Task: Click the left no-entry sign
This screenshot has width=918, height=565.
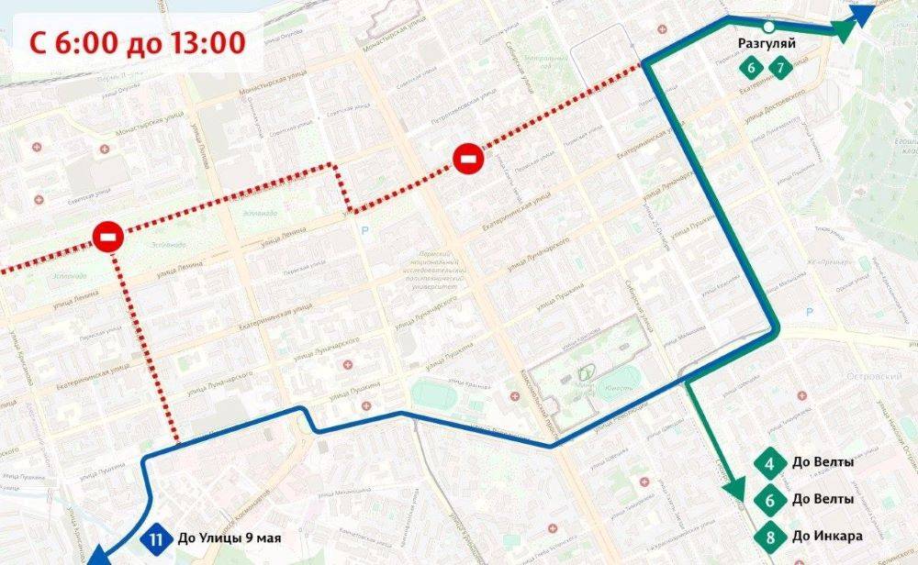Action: (x=108, y=240)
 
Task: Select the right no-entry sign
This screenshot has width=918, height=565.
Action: (x=467, y=161)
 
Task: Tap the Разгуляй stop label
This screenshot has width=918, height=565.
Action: (x=766, y=43)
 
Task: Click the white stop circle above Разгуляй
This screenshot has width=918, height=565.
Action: (x=768, y=27)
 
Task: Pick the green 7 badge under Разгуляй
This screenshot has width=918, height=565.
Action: (x=780, y=68)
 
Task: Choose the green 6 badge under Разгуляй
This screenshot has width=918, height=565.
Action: (x=752, y=68)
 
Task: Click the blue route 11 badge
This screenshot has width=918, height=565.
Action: (x=156, y=538)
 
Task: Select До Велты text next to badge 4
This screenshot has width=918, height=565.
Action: (x=822, y=463)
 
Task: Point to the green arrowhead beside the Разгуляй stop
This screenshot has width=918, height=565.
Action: (x=843, y=30)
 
